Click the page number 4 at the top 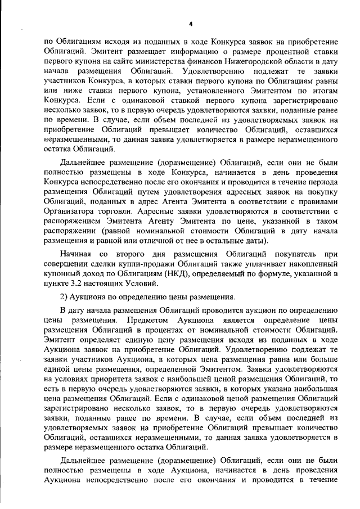(191, 24)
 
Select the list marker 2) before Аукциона (65, 297)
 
